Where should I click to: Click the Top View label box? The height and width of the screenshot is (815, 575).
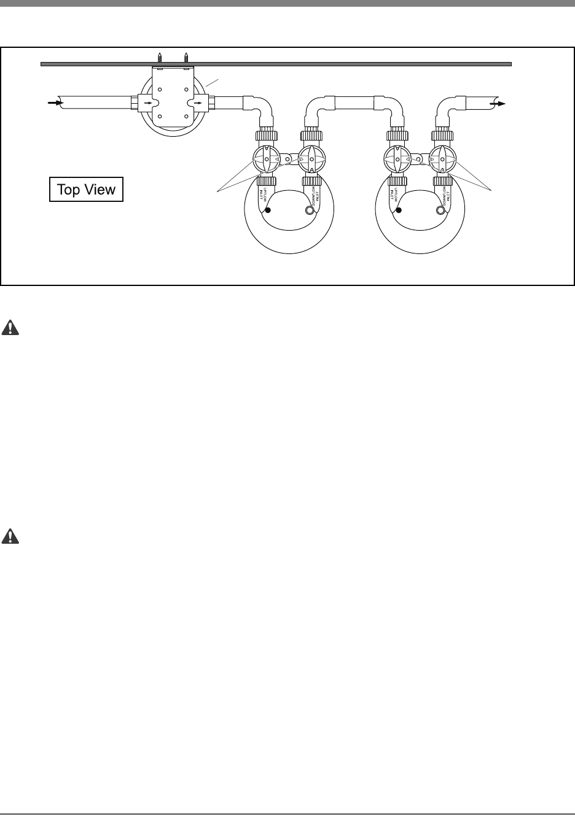click(x=86, y=190)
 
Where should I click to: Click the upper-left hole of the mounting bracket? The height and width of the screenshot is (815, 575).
click(x=160, y=89)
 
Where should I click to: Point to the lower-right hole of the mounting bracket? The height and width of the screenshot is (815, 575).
click(x=186, y=116)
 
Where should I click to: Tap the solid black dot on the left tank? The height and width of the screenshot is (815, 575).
click(x=267, y=211)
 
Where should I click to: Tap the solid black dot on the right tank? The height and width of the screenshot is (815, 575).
click(x=399, y=211)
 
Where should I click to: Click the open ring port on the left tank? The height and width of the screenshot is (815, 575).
click(x=309, y=211)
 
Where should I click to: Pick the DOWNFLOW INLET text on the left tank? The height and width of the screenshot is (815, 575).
click(x=314, y=197)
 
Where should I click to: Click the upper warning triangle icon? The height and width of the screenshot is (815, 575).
click(x=10, y=328)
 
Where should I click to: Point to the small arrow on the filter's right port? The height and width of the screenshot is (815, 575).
click(x=198, y=103)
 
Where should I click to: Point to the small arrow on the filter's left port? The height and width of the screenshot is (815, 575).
click(x=147, y=103)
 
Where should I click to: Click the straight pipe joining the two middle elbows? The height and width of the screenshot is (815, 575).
click(x=354, y=100)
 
